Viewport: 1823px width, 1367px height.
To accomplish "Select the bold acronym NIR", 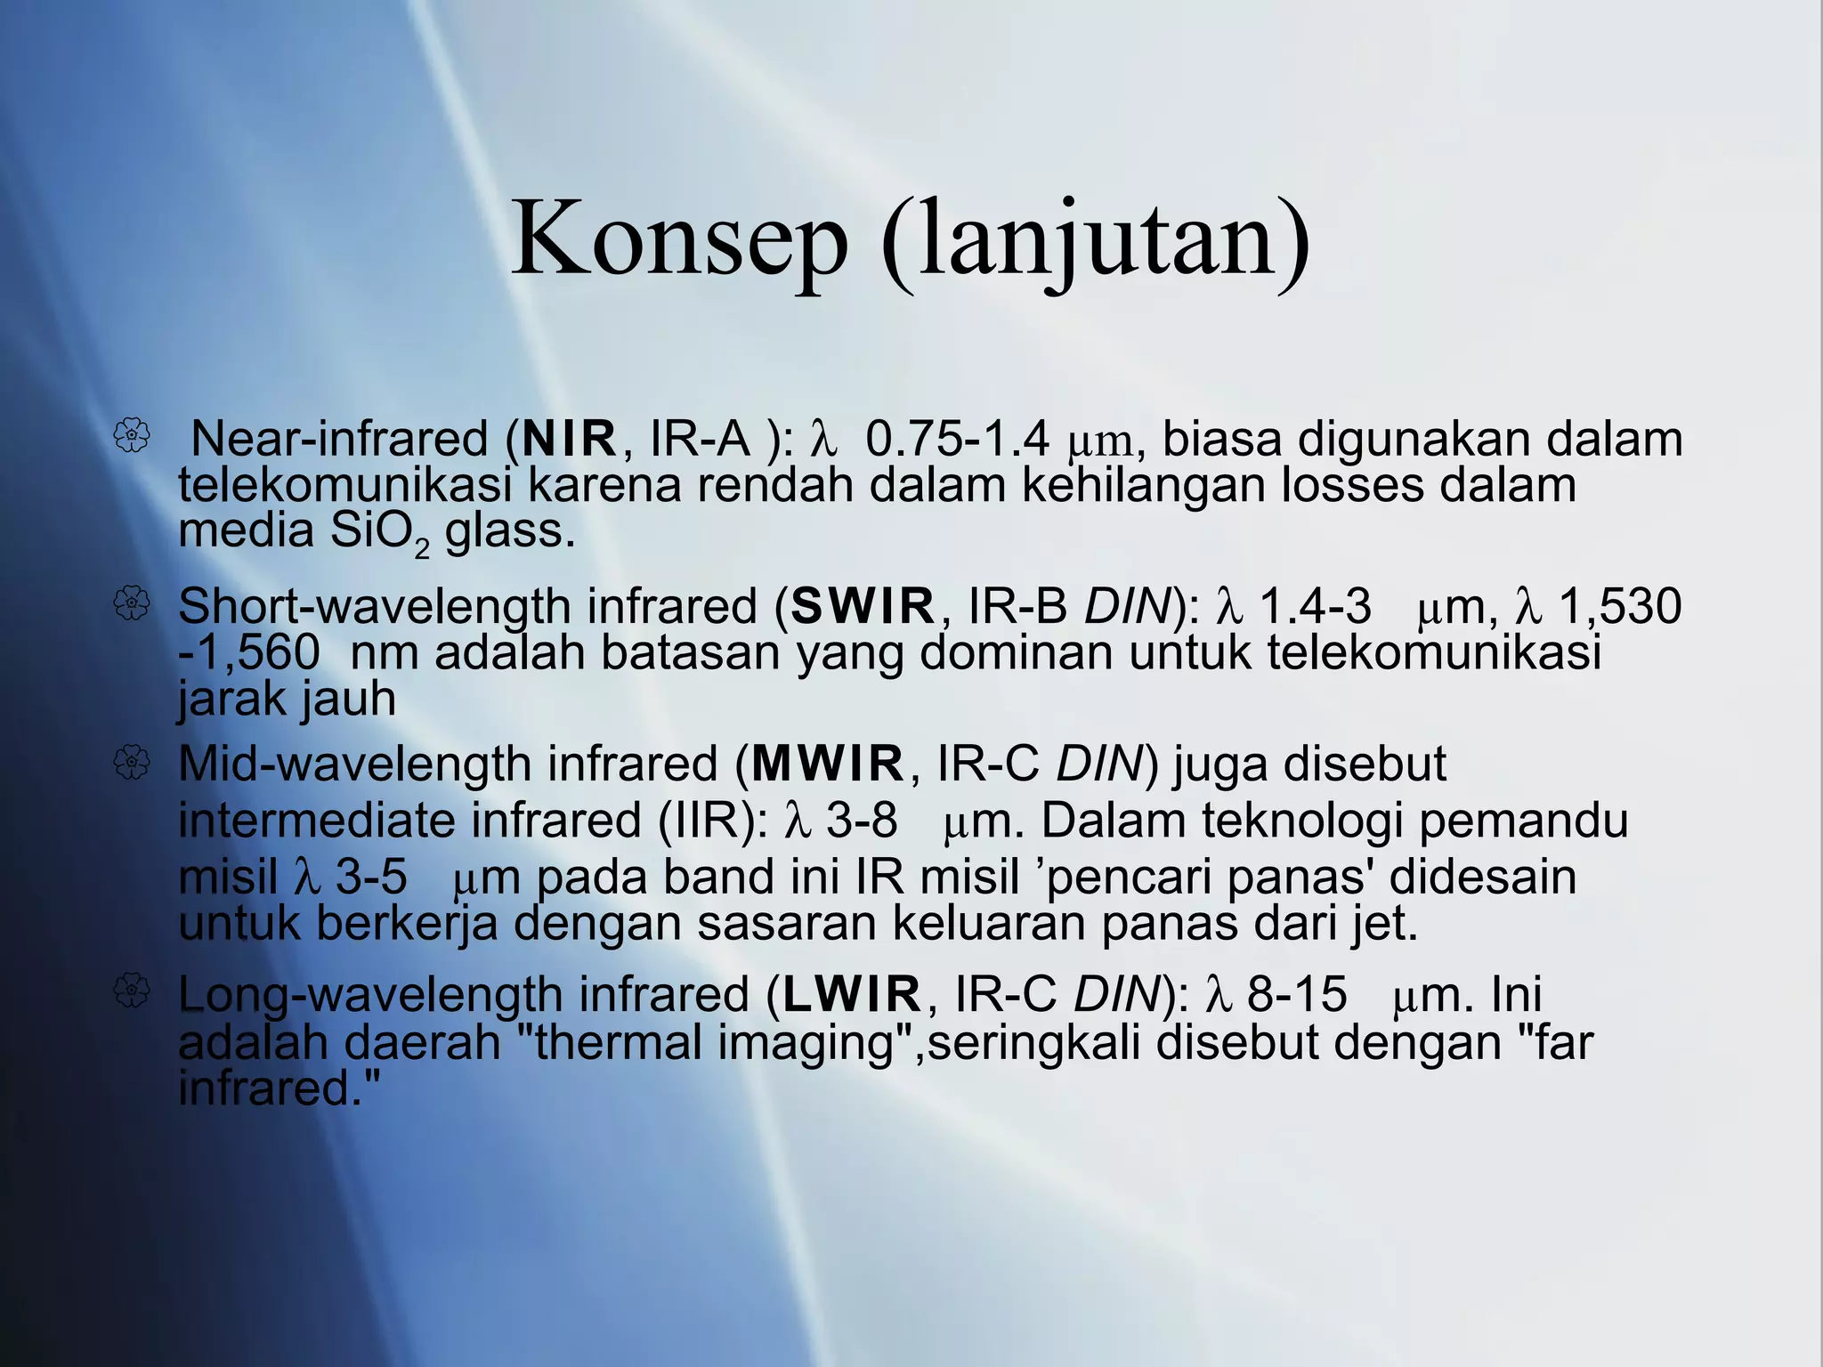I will pyautogui.click(x=570, y=439).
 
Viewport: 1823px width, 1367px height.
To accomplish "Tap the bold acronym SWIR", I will pyautogui.click(x=863, y=607).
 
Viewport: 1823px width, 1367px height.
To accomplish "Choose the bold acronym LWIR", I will pyautogui.click(x=851, y=994).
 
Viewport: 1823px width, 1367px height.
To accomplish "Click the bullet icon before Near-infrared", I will pyautogui.click(x=132, y=436).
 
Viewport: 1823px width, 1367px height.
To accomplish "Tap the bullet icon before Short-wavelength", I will pyautogui.click(x=132, y=604).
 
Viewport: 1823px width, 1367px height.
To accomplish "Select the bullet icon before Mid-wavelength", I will pyautogui.click(x=132, y=762).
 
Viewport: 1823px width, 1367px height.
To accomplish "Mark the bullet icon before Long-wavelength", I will pyautogui.click(x=132, y=991).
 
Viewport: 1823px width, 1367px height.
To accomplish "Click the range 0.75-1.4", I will pyautogui.click(x=958, y=439).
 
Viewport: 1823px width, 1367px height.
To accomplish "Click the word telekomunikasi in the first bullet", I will pyautogui.click(x=345, y=485).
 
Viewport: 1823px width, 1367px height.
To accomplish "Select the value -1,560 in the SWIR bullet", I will pyautogui.click(x=249, y=653).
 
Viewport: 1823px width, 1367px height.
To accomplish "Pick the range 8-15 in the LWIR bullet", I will pyautogui.click(x=1297, y=994).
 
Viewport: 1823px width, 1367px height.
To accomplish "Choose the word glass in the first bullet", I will pyautogui.click(x=509, y=531).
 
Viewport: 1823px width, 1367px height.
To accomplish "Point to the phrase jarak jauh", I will pyautogui.click(x=287, y=699).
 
